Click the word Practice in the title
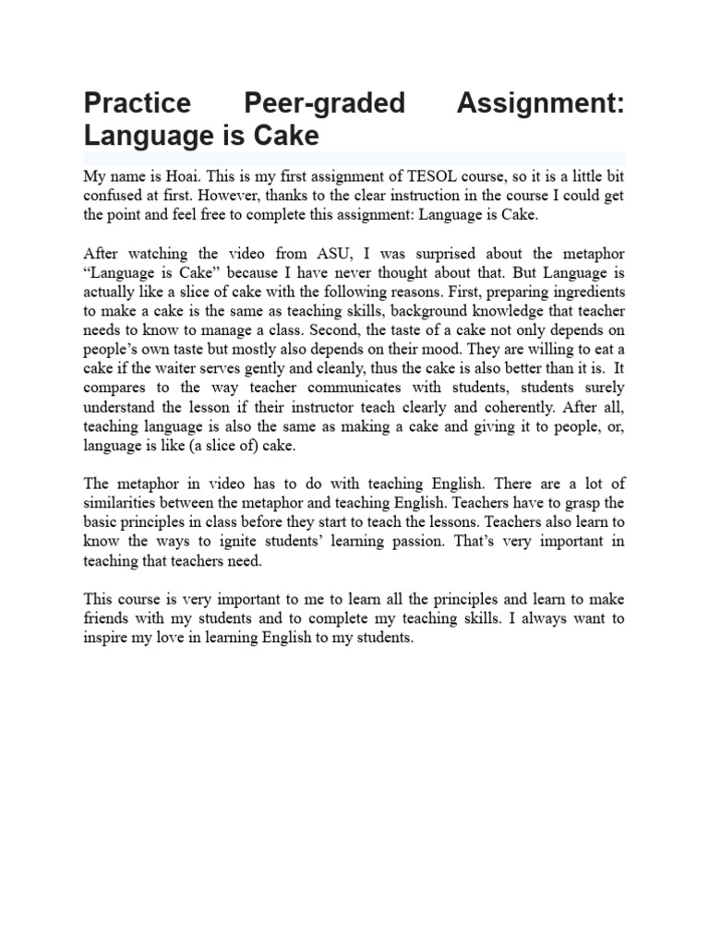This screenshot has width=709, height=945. [x=137, y=102]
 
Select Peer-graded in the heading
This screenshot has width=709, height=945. [x=325, y=102]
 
